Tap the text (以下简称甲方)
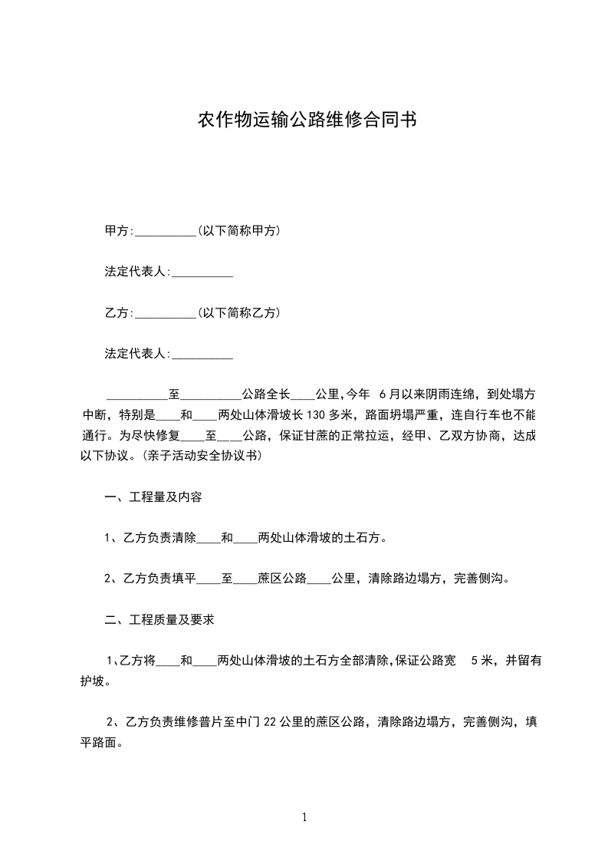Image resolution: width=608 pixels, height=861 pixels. (238, 230)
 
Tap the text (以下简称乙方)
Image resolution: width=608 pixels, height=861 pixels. (238, 313)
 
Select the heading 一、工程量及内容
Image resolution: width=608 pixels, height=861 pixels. (153, 497)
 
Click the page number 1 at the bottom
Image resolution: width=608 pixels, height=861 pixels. (304, 818)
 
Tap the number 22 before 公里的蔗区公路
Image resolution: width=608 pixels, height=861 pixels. (269, 721)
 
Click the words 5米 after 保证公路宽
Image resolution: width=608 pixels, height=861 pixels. (482, 660)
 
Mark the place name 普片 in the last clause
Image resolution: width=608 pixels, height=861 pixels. (208, 721)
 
